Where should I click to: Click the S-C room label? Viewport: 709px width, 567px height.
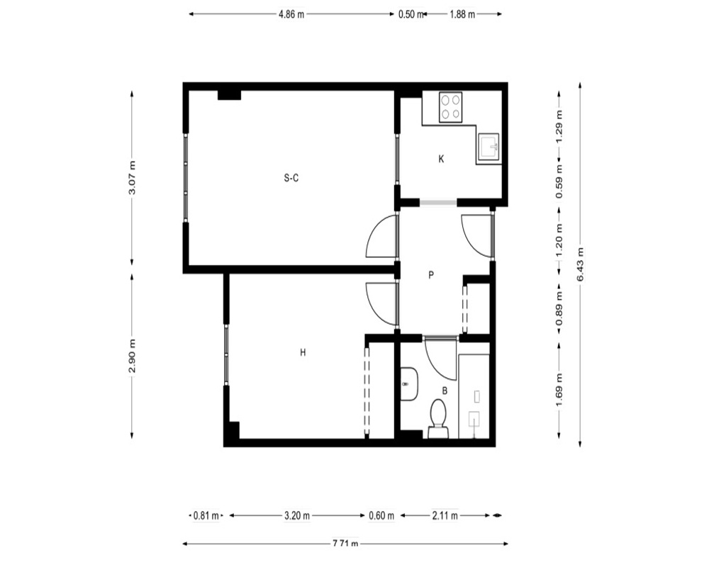pos(291,178)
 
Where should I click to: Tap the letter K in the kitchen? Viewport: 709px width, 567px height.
pos(441,159)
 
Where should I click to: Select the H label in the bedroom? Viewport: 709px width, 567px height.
pos(303,352)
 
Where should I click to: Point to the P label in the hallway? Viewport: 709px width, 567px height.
pos(431,274)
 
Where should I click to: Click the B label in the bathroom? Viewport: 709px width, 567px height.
pos(445,391)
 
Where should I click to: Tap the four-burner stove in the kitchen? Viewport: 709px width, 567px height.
pos(450,107)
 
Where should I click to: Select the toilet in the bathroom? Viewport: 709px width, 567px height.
pos(438,419)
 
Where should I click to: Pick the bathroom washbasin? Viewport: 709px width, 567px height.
pos(410,384)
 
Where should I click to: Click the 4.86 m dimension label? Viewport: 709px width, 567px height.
pos(291,14)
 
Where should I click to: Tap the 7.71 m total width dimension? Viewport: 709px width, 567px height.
pos(345,544)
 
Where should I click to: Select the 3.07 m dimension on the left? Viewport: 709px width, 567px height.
pos(132,178)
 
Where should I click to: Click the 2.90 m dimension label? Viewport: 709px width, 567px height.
pos(132,356)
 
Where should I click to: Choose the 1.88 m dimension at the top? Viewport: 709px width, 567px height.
pos(462,14)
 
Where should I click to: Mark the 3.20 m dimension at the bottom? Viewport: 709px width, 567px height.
pos(297,515)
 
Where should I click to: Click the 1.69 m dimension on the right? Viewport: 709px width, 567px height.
pos(559,390)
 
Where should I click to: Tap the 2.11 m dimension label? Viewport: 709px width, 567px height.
pos(445,515)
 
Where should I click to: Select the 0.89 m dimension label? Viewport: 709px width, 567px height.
pos(559,309)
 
